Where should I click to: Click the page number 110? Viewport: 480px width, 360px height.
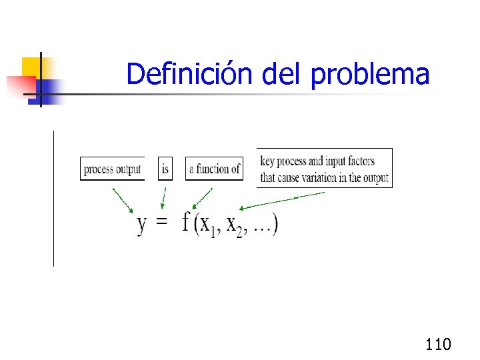click(x=438, y=344)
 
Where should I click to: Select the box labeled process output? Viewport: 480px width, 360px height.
click(x=112, y=169)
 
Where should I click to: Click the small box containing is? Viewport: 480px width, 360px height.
click(x=165, y=169)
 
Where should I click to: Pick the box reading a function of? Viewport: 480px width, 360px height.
click(x=214, y=169)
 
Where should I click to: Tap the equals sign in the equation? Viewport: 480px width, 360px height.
click(x=161, y=223)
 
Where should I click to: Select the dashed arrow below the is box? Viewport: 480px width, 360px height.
click(x=163, y=197)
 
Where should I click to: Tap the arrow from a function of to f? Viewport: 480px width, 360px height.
click(x=202, y=198)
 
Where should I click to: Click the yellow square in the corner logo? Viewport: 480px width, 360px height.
click(x=31, y=66)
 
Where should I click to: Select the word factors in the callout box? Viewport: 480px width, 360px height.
click(x=361, y=161)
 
